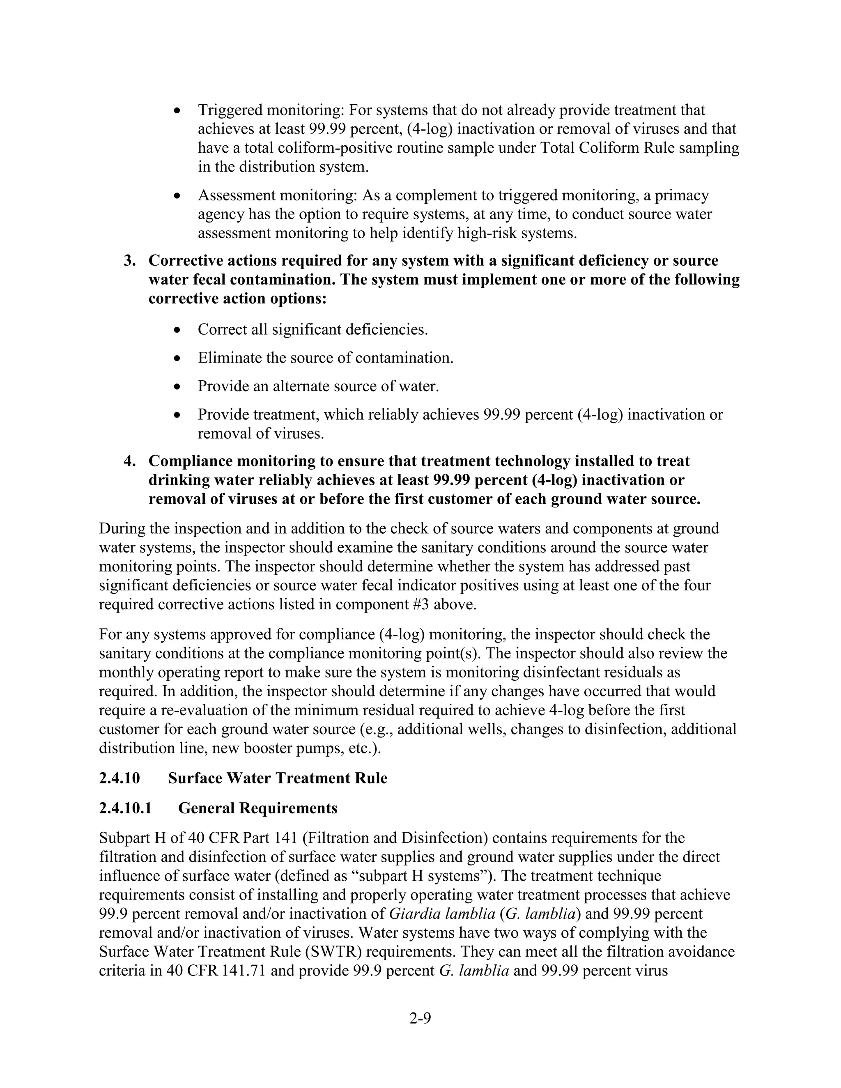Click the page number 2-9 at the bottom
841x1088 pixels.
click(x=420, y=1019)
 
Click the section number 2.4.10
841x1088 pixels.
click(x=119, y=778)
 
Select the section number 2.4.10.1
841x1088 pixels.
click(x=125, y=808)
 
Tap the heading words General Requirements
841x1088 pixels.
click(x=257, y=808)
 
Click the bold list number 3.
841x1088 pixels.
click(x=129, y=261)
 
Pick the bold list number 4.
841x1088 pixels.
click(x=129, y=461)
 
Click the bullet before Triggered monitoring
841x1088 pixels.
click(x=177, y=110)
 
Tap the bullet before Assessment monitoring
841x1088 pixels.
click(x=177, y=196)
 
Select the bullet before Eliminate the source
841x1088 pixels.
click(x=177, y=358)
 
